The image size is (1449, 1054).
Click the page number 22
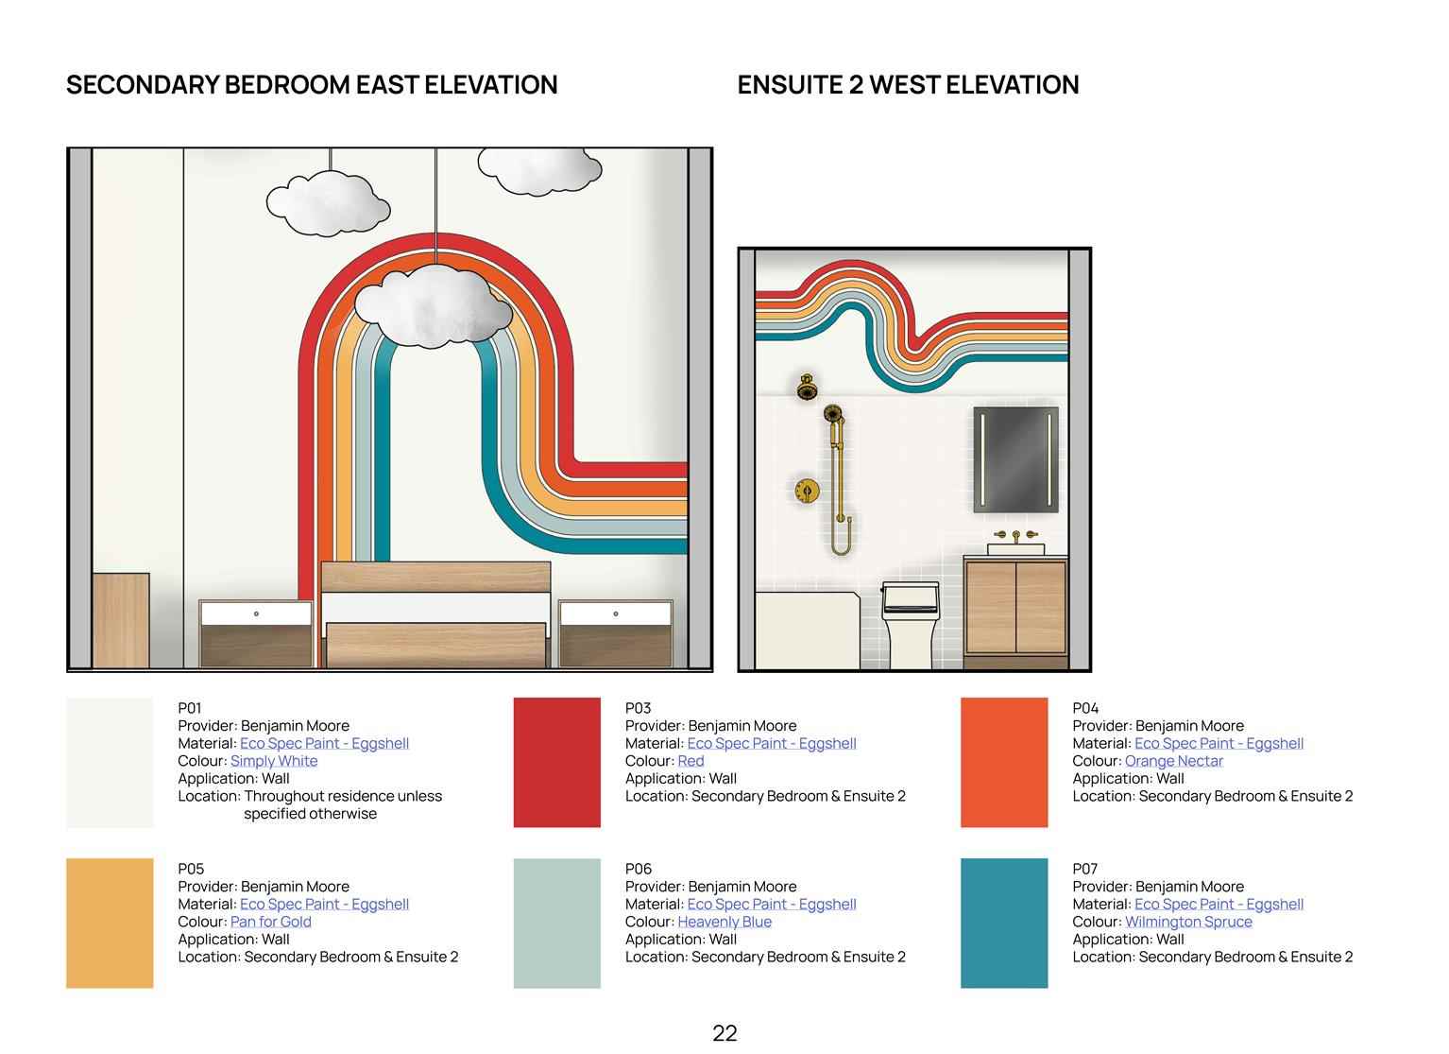(724, 1033)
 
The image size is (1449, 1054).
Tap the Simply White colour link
(274, 761)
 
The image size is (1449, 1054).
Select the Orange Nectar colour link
(1173, 761)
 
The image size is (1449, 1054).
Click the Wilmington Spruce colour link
(1188, 922)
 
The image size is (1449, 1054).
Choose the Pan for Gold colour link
(270, 922)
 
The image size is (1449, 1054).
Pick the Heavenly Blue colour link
(724, 922)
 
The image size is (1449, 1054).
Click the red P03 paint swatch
(557, 762)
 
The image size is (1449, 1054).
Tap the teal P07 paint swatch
(1004, 924)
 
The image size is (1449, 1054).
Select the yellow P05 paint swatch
(110, 924)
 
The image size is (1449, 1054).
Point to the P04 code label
(1085, 708)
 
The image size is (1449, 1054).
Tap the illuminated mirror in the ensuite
(1015, 459)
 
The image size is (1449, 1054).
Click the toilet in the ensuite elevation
(911, 625)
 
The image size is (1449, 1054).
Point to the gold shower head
(806, 388)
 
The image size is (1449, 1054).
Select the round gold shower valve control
(807, 491)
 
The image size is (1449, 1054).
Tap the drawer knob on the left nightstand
(256, 613)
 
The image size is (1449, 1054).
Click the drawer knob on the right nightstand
(615, 613)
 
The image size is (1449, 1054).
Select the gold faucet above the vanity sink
(1015, 536)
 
